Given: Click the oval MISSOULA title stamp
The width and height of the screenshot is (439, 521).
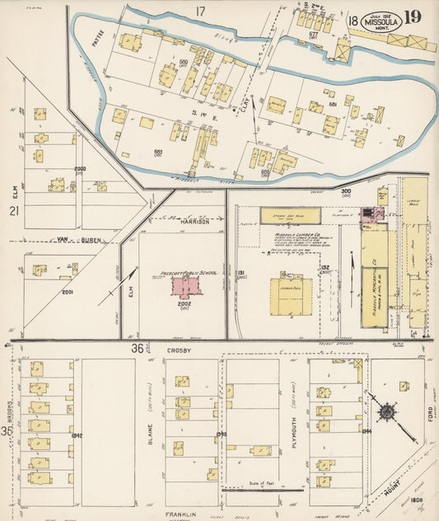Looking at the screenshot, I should click(x=383, y=21).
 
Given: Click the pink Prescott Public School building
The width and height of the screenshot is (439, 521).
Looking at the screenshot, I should click(x=186, y=285).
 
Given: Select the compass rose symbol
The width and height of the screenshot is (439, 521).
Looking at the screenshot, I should click(x=386, y=411).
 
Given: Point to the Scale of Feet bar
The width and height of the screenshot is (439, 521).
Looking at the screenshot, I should click(x=264, y=489).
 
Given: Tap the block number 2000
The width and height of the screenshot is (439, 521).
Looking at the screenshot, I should click(x=80, y=168).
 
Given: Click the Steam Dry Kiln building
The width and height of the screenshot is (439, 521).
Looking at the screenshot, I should click(x=290, y=216).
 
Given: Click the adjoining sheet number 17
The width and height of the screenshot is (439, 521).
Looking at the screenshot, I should click(x=199, y=11).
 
